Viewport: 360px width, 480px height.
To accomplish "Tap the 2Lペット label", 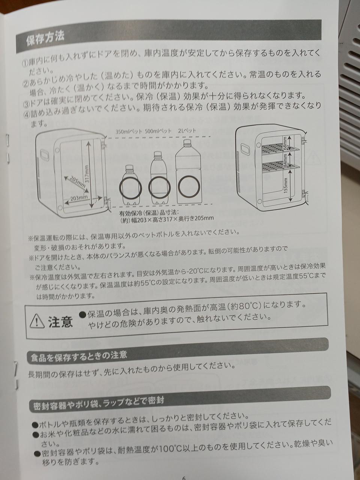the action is point(187,131).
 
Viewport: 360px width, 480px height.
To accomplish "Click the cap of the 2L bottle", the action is point(186,143).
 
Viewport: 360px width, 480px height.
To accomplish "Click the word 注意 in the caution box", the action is point(60,321).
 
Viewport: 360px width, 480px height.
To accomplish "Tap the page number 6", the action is point(184,477).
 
